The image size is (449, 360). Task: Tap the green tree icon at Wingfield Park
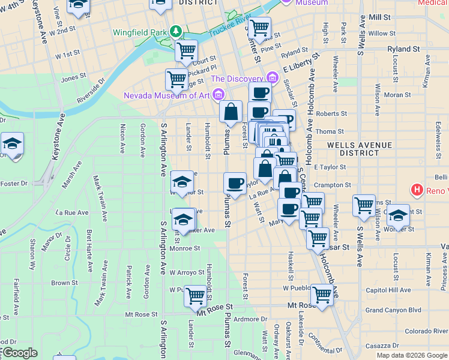pyautogui.click(x=176, y=29)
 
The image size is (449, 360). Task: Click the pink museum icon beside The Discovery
pyautogui.click(x=273, y=78)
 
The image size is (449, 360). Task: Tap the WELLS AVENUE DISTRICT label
pyautogui.click(x=360, y=149)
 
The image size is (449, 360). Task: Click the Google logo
pyautogui.click(x=19, y=353)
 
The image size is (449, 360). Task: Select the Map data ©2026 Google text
pyautogui.click(x=412, y=355)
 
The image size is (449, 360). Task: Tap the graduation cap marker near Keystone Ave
pyautogui.click(x=11, y=144)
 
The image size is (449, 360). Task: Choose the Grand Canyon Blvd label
pyautogui.click(x=393, y=310)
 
